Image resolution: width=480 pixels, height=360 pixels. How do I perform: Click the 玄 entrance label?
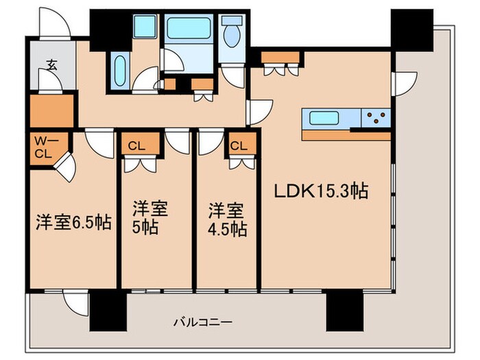(51, 65)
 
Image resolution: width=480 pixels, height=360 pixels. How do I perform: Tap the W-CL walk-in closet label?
(43, 147)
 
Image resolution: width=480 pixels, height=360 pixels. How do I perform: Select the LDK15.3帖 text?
(323, 191)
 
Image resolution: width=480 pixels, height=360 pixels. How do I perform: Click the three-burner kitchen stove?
(376, 118)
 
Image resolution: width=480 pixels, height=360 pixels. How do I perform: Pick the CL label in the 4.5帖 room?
(239, 145)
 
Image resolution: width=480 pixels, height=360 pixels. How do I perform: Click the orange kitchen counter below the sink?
(346, 134)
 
